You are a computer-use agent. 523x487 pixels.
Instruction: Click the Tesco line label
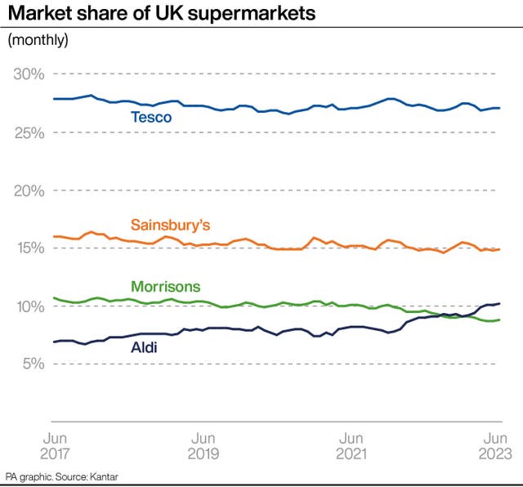click(x=151, y=118)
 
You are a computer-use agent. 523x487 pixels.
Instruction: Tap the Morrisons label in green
click(x=165, y=287)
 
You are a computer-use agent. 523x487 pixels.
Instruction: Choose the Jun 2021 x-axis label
click(x=351, y=446)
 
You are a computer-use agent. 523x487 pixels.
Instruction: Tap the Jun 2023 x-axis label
click(x=495, y=446)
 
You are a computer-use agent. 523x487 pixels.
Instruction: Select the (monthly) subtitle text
click(x=38, y=40)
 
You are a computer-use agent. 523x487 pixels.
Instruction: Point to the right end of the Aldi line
click(x=500, y=304)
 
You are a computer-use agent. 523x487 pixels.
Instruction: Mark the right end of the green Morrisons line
click(x=500, y=319)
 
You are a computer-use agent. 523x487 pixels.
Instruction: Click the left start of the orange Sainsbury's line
click(x=53, y=236)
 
